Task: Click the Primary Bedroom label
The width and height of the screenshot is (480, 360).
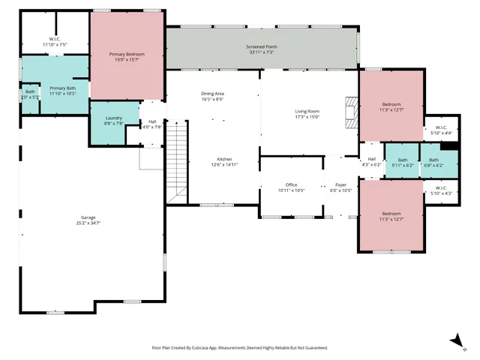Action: point(126,55)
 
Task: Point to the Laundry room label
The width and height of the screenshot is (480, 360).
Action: point(114,118)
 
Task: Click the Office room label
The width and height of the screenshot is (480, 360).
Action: point(291,184)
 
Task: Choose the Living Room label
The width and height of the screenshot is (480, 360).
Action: point(307,111)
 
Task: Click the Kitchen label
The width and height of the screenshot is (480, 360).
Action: point(224,160)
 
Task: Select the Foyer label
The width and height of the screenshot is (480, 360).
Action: point(340,184)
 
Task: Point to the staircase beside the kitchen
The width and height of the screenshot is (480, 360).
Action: point(175,161)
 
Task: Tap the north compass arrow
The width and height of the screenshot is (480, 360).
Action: point(455,340)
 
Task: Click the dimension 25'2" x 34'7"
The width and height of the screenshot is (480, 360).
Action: point(88,223)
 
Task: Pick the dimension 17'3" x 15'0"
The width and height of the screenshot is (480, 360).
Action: point(307,117)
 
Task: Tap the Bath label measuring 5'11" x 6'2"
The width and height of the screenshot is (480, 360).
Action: point(403,160)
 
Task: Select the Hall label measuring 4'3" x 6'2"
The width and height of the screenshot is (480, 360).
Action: point(371,159)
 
